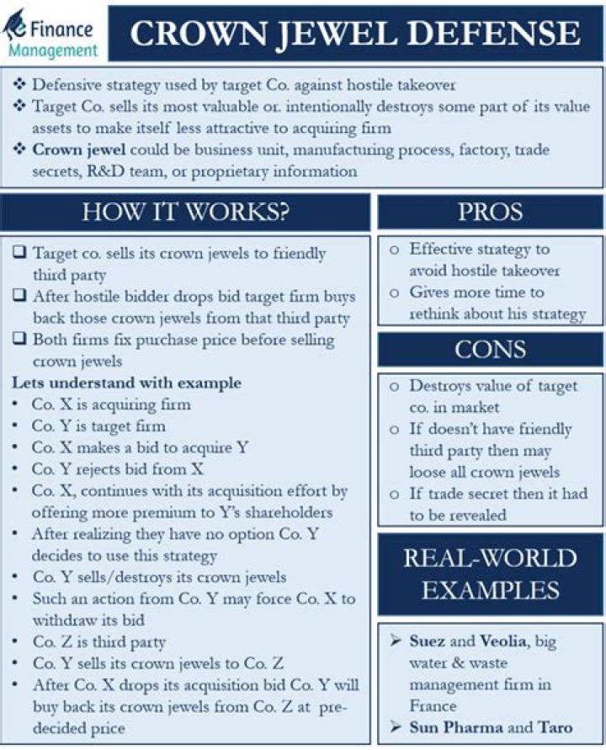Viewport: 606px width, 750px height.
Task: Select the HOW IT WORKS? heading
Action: [185, 212]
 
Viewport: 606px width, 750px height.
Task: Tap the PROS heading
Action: [490, 212]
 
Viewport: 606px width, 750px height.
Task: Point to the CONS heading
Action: [490, 349]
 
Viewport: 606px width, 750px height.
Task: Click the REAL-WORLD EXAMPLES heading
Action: [490, 574]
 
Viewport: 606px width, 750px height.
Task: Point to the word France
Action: [434, 706]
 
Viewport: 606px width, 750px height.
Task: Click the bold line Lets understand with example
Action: [126, 383]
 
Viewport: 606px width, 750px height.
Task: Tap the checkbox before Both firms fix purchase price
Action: [19, 340]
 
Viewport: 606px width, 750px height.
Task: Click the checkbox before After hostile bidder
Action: [19, 297]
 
